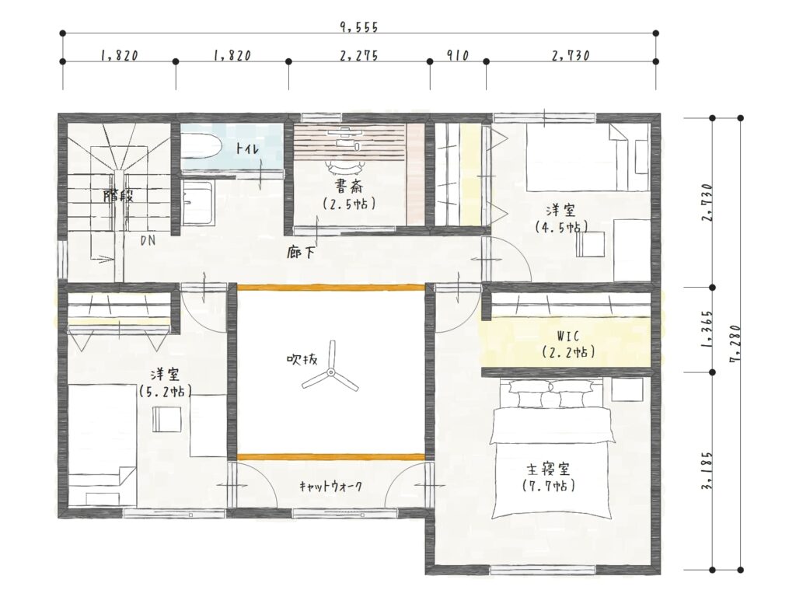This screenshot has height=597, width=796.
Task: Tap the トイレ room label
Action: [247, 148]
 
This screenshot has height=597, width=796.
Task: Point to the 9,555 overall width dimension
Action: [359, 27]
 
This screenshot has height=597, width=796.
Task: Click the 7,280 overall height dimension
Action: [735, 344]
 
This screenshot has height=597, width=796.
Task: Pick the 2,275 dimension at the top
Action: [359, 55]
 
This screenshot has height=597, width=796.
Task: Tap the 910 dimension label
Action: [458, 55]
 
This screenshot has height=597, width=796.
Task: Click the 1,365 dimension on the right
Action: [707, 330]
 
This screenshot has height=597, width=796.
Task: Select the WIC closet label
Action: [567, 336]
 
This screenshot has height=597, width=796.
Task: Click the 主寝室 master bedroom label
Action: [548, 468]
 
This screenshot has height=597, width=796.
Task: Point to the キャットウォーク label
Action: [330, 487]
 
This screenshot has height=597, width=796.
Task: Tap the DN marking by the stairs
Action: [148, 241]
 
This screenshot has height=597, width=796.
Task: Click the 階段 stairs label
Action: [118, 195]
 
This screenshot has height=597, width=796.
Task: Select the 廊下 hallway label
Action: [302, 253]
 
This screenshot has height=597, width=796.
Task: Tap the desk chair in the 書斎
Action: [346, 165]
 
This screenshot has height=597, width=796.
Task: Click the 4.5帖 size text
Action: [561, 227]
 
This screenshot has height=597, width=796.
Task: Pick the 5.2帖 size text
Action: [165, 392]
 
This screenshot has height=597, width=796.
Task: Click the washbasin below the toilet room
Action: [197, 203]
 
